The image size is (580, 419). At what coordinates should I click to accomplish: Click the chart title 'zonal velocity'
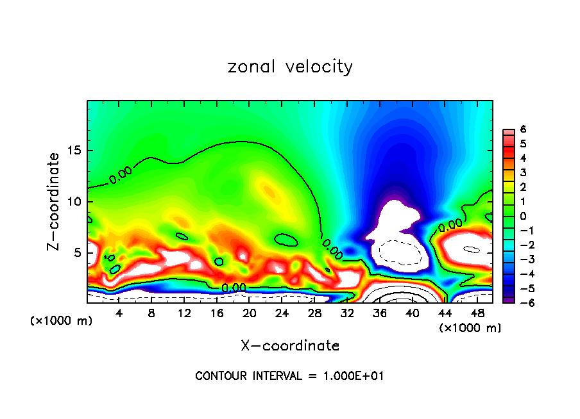(290, 67)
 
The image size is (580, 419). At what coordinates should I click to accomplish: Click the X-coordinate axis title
(290, 346)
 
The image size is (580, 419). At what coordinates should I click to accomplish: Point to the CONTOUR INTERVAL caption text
(290, 376)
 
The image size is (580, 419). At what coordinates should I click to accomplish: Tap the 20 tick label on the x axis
(249, 313)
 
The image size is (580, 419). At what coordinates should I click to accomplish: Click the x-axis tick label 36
(379, 313)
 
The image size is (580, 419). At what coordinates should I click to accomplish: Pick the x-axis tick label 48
(477, 313)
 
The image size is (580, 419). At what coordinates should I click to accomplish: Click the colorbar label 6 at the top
(523, 129)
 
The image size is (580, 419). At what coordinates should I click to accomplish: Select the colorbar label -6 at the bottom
(521, 303)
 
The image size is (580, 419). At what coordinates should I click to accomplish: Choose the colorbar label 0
(523, 216)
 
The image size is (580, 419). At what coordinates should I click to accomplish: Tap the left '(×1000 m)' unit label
(62, 321)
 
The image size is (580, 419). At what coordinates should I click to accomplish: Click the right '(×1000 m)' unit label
(470, 328)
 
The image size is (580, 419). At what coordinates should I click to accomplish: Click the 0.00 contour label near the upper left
(121, 174)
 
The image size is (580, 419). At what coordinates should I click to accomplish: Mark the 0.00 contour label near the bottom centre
(234, 288)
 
